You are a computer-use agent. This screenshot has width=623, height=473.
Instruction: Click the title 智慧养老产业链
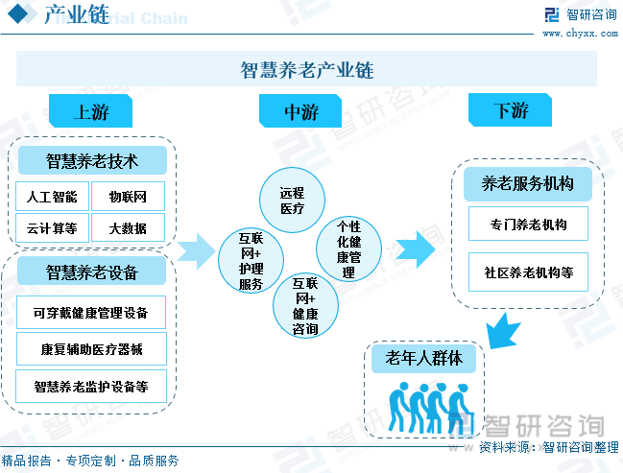pyautogui.click(x=306, y=70)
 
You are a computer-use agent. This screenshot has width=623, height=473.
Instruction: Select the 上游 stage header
pyautogui.click(x=91, y=111)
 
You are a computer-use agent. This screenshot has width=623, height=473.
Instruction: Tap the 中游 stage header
pyautogui.click(x=300, y=111)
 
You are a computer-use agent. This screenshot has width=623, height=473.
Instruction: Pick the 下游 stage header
pyautogui.click(x=511, y=111)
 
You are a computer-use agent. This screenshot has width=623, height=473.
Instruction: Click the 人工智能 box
pyautogui.click(x=53, y=197)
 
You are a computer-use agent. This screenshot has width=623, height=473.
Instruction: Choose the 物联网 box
pyautogui.click(x=128, y=197)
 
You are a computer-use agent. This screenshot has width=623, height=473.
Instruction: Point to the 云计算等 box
pyautogui.click(x=53, y=227)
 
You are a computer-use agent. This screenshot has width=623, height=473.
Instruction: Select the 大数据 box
pyautogui.click(x=128, y=227)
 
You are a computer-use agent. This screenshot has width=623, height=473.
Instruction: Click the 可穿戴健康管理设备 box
pyautogui.click(x=91, y=313)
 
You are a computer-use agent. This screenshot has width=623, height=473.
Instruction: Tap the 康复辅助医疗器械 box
pyautogui.click(x=91, y=349)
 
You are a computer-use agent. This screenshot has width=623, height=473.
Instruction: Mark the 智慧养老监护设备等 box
pyautogui.click(x=91, y=387)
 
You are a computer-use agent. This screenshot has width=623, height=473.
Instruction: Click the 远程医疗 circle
pyautogui.click(x=292, y=201)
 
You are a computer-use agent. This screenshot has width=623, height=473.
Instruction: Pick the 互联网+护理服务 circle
pyautogui.click(x=251, y=259)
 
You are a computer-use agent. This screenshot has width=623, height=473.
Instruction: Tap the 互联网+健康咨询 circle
pyautogui.click(x=305, y=306)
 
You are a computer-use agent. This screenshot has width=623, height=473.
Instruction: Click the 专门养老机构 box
pyautogui.click(x=528, y=225)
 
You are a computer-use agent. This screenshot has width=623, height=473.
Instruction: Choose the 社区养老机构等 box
pyautogui.click(x=528, y=272)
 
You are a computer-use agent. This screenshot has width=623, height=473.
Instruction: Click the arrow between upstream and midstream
pyautogui.click(x=197, y=250)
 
